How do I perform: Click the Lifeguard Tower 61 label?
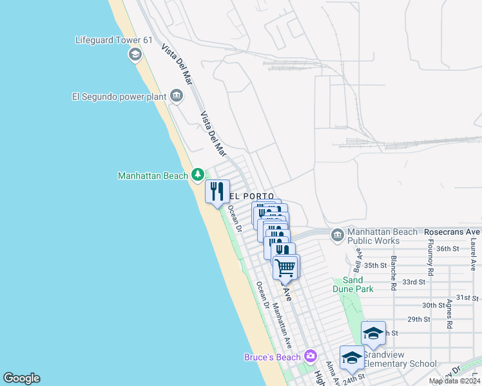click(x=113, y=40)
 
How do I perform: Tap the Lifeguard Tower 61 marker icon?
click(x=135, y=55)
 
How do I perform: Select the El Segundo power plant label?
click(x=119, y=97)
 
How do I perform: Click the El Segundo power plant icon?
click(x=176, y=97)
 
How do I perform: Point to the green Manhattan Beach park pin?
click(x=197, y=174)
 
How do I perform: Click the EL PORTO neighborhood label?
click(x=251, y=196)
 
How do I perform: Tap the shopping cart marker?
click(x=285, y=266)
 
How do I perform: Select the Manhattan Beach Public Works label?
click(x=373, y=236)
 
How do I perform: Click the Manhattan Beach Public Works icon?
click(x=337, y=235)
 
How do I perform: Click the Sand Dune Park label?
click(x=354, y=284)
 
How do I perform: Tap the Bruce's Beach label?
click(x=273, y=357)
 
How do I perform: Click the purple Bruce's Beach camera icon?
click(x=311, y=356)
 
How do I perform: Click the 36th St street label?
click(x=447, y=248)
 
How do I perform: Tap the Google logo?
click(x=21, y=378)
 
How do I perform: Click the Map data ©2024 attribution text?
click(x=453, y=381)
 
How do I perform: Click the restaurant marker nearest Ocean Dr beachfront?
click(x=217, y=191)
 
